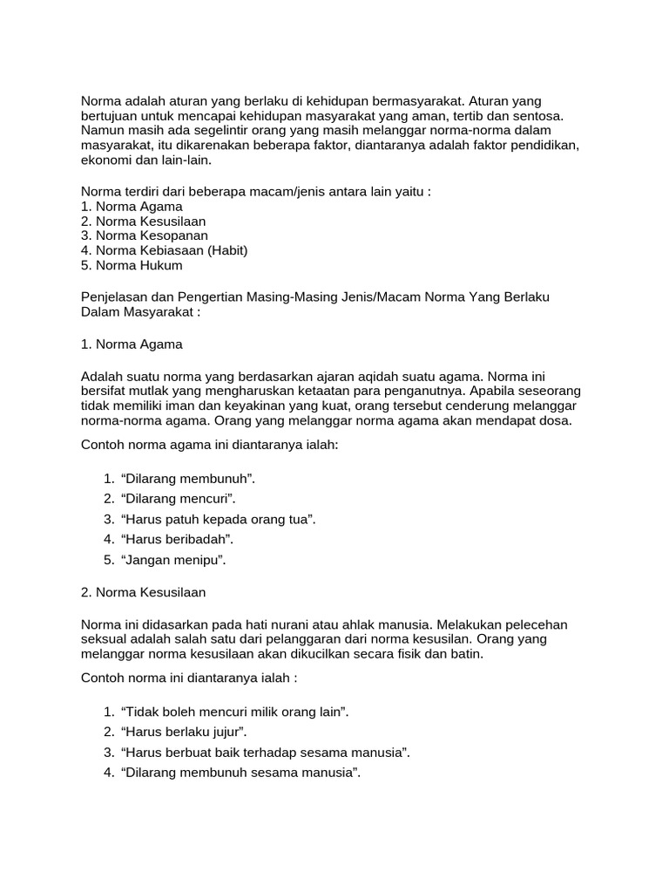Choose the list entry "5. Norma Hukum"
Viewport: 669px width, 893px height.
point(132,265)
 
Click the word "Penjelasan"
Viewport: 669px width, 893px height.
point(117,297)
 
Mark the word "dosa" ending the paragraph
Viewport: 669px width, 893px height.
point(554,420)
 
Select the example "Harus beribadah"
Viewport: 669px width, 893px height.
point(178,540)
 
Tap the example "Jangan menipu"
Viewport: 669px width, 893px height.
point(173,560)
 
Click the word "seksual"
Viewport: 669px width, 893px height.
point(106,639)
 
